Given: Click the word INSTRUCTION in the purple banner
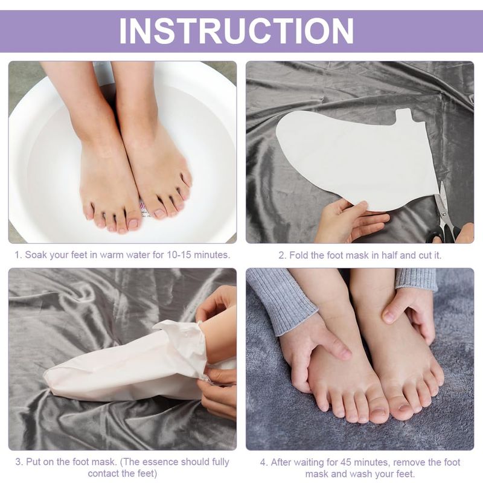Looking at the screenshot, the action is coord(236,31).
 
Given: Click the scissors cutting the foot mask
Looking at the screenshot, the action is coord(444,216).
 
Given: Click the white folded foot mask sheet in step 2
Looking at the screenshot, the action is coord(357,160).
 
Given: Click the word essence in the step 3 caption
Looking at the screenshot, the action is coord(159,462).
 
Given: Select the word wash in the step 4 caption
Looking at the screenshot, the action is coord(362,473).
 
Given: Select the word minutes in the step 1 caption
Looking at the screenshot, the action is coord(212,255).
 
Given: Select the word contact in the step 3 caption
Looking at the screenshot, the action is coord(104,473).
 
